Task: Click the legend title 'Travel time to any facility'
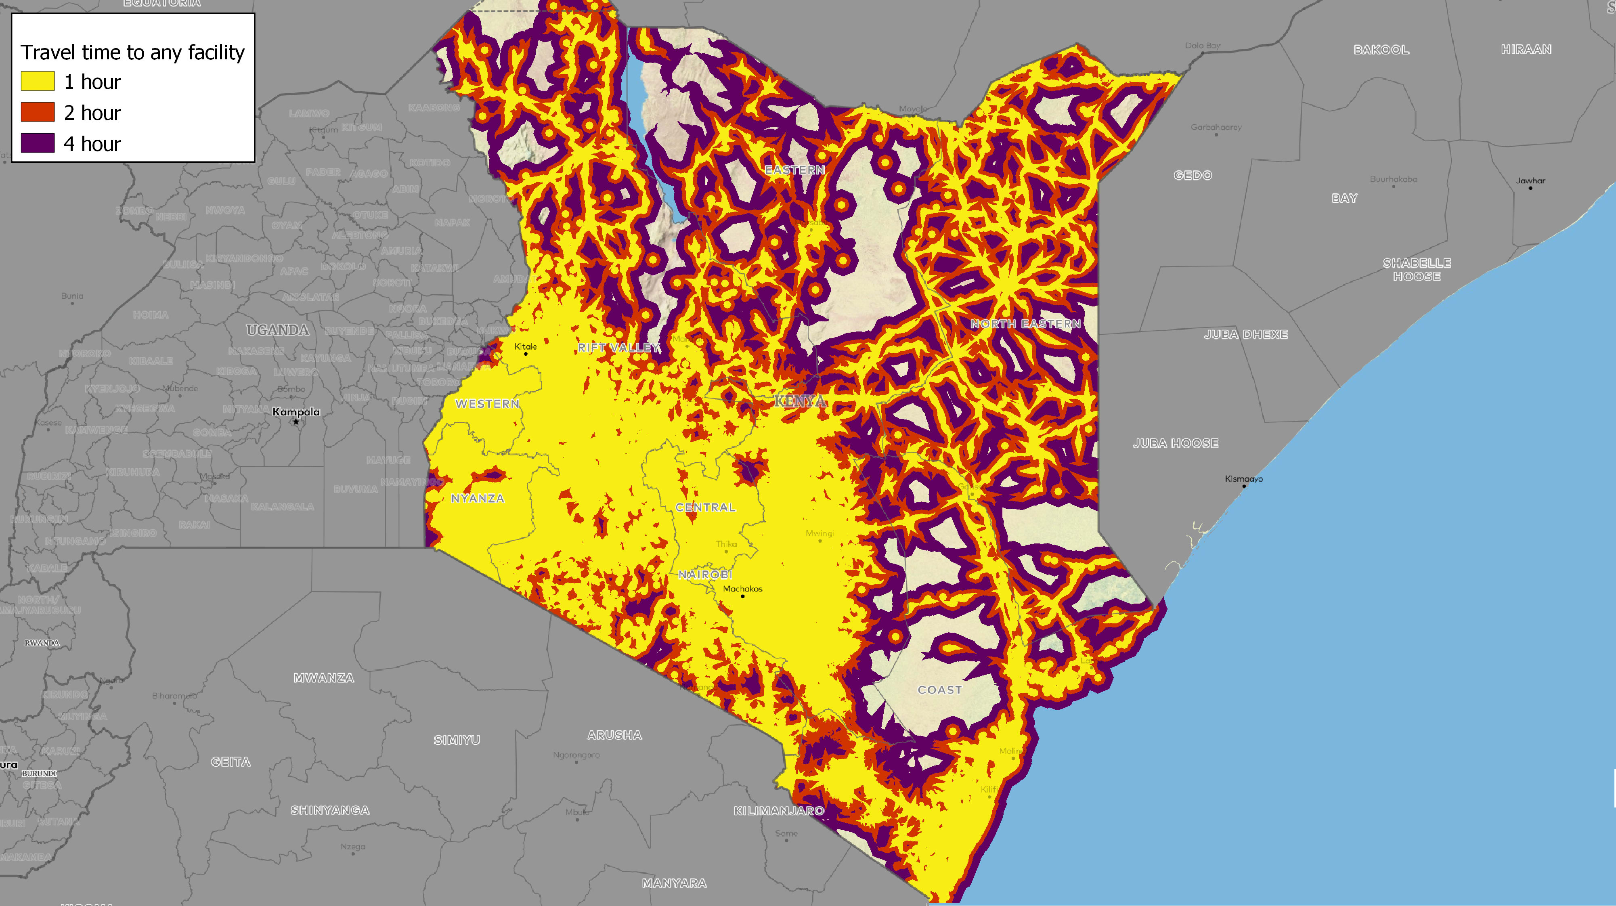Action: (x=132, y=52)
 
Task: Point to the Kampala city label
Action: (x=296, y=411)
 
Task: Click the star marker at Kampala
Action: (x=296, y=422)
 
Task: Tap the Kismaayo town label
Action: (x=1243, y=479)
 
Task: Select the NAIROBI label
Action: (x=705, y=574)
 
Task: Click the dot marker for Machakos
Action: (x=743, y=596)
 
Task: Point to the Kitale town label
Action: (x=525, y=346)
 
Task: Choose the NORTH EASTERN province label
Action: (x=1026, y=324)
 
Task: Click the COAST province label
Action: (x=939, y=690)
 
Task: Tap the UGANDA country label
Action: (x=277, y=330)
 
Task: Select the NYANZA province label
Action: (x=478, y=498)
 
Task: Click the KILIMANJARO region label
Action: (x=778, y=811)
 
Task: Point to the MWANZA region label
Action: (x=324, y=677)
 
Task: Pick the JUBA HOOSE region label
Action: (x=1175, y=443)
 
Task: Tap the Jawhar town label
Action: (x=1530, y=181)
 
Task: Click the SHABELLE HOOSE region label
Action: (x=1417, y=270)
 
